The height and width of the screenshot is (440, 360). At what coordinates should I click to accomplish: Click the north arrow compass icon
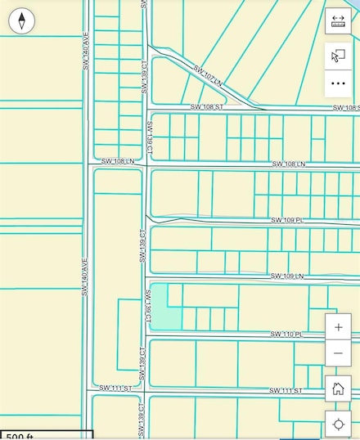pos(21,20)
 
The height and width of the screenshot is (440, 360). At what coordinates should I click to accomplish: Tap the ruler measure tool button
pos(338,22)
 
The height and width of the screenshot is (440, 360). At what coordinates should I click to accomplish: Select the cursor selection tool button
pos(338,56)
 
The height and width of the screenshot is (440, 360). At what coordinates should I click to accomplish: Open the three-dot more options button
pos(338,83)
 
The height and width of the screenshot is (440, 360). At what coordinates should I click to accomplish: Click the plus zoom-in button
pos(338,327)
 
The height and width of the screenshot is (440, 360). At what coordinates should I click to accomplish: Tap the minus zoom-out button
pos(338,352)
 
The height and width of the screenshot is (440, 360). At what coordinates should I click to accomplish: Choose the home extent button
pos(338,388)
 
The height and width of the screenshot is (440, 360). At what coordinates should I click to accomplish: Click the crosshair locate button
pos(338,424)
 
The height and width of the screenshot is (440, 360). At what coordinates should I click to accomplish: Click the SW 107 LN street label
pos(208,75)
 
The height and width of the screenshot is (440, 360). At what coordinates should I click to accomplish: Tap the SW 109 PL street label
pos(287,221)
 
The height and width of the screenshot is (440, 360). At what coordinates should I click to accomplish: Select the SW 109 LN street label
pos(286,276)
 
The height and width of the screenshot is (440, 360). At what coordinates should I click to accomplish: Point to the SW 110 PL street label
pos(286,334)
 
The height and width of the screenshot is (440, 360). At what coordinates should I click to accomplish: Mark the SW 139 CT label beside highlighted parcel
pos(150,307)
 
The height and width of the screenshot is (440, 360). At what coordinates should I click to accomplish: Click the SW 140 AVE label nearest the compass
pos(85,50)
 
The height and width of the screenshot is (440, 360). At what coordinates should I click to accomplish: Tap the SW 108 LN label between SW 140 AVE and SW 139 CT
pos(117,162)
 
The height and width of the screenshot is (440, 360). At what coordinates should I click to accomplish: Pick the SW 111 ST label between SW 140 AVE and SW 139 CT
pos(115,388)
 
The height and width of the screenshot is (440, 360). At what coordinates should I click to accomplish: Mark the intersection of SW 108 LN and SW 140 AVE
pos(86,164)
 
